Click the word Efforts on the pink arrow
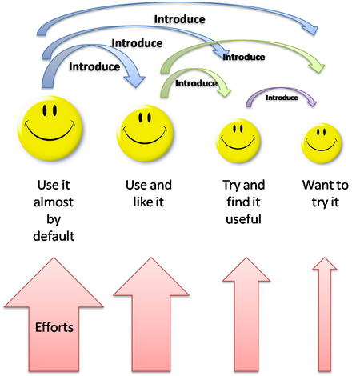[x=54, y=327]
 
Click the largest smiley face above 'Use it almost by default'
[x=50, y=128]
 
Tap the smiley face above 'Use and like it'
[x=145, y=134]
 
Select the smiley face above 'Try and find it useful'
[x=238, y=141]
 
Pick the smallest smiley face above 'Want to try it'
[x=322, y=143]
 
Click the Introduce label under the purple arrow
[x=282, y=98]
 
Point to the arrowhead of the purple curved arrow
[x=313, y=102]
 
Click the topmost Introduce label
[x=180, y=19]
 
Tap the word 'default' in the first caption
[x=54, y=236]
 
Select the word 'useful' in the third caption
[x=243, y=219]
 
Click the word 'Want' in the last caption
[x=314, y=185]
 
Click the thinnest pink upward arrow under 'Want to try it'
[x=325, y=314]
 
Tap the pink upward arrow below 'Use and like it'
[x=151, y=314]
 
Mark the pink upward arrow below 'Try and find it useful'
[x=246, y=314]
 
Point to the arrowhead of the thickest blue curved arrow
[x=135, y=80]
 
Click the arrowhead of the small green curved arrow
[x=225, y=91]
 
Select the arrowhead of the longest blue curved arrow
[x=311, y=29]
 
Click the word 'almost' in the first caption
[x=54, y=202]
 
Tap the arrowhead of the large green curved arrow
[x=318, y=66]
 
